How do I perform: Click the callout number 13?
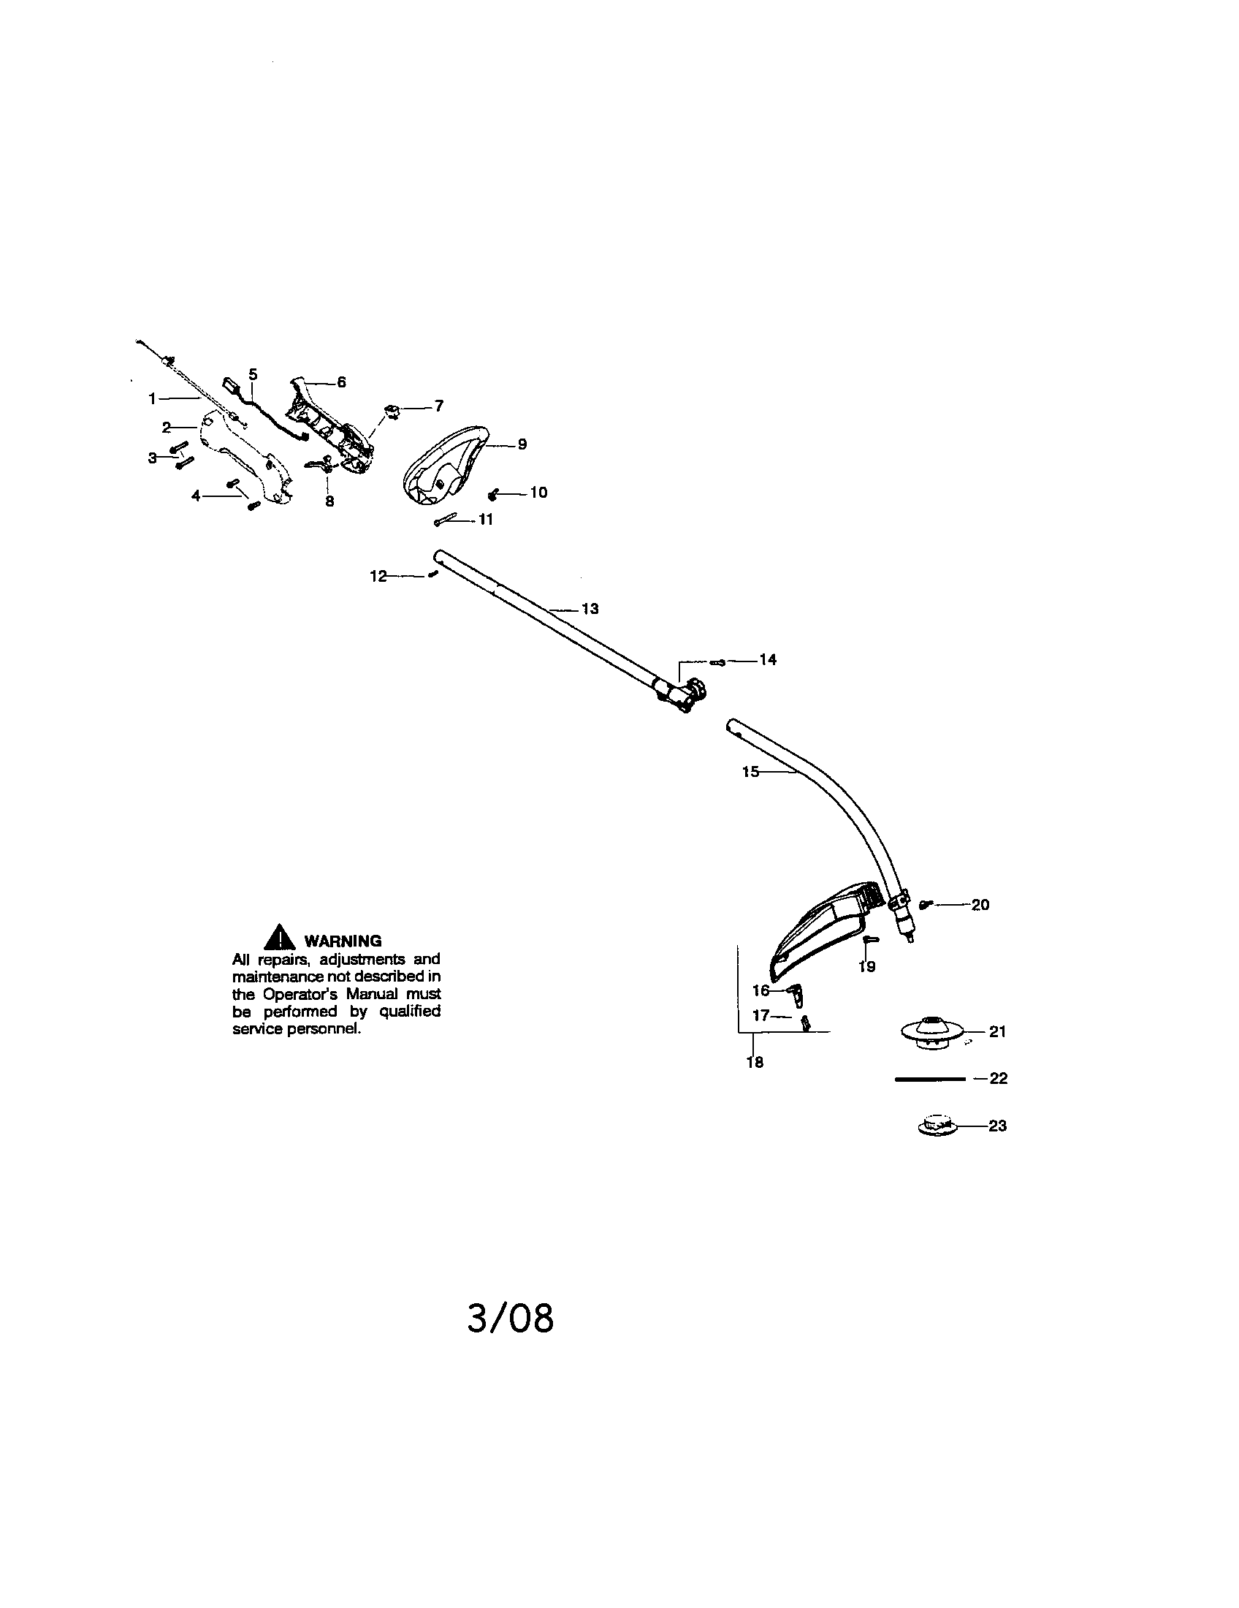pos(590,609)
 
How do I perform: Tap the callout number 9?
pos(522,444)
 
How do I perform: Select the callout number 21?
pos(997,1031)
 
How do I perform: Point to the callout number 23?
pos(997,1126)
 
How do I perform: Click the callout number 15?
pos(750,772)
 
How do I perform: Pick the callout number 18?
pos(755,1063)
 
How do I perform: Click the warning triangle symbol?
pos(280,937)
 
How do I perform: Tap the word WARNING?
pos(343,941)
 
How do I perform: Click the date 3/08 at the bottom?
pos(511,1318)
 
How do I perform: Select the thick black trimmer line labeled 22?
pos(929,1080)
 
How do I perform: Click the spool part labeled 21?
pos(932,1031)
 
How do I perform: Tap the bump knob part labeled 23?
pos(935,1125)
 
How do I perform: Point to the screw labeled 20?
pos(926,904)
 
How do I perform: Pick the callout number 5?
pos(253,374)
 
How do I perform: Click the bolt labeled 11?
pos(446,519)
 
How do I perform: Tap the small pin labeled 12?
pos(433,574)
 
